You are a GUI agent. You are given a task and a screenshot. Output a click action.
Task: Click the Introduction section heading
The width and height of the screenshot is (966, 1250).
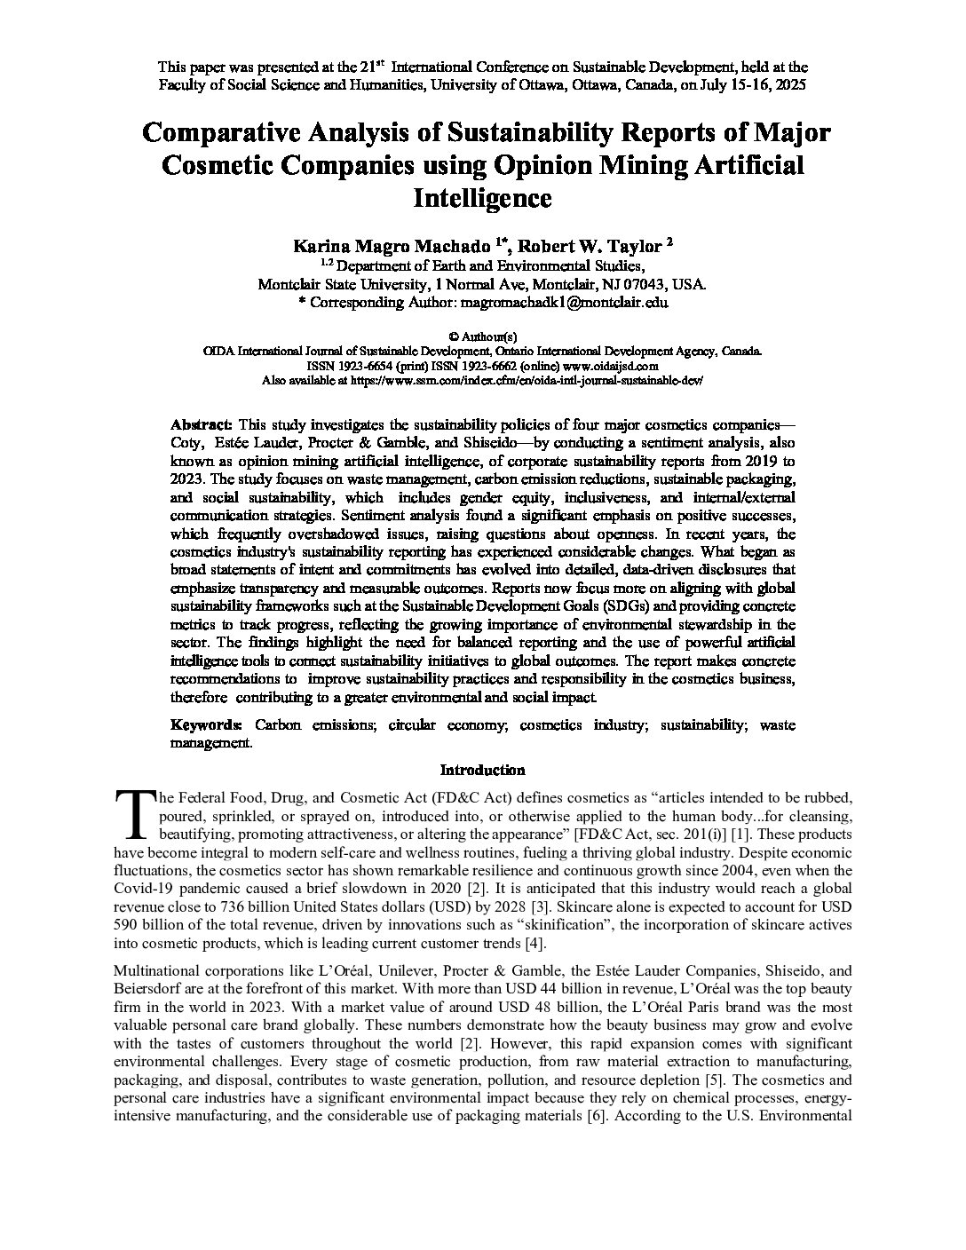482,771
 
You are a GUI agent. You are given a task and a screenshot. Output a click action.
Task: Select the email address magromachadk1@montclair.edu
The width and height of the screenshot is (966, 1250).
562,302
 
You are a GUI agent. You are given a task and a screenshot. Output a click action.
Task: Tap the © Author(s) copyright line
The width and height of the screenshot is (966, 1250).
482,336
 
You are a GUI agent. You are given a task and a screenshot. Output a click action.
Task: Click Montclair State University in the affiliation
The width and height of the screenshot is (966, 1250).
340,285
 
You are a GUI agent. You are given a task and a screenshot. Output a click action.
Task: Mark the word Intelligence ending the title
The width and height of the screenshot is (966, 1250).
482,197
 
